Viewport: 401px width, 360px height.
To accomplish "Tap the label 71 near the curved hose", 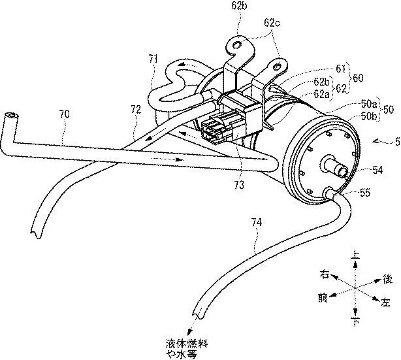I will [153, 59].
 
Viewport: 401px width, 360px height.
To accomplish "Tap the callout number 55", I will [364, 193].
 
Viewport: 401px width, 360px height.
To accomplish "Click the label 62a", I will [323, 94].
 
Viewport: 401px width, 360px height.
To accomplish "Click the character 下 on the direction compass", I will [355, 323].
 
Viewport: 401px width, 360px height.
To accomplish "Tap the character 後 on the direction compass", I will [387, 279].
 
